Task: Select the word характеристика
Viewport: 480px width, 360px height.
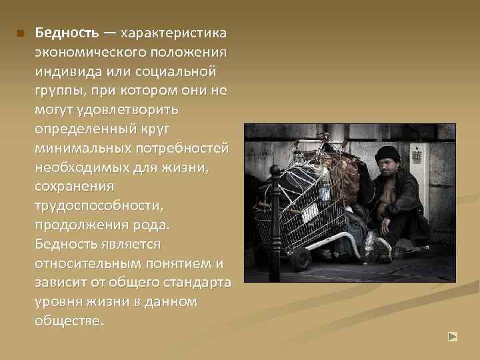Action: pos(174,32)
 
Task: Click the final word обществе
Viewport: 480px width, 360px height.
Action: pos(70,321)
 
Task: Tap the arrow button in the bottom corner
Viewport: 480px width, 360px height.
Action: pos(453,337)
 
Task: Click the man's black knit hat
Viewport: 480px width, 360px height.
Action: pos(387,155)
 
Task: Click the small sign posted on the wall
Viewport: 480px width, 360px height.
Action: pos(417,155)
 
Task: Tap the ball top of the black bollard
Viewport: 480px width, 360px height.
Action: pos(275,172)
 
